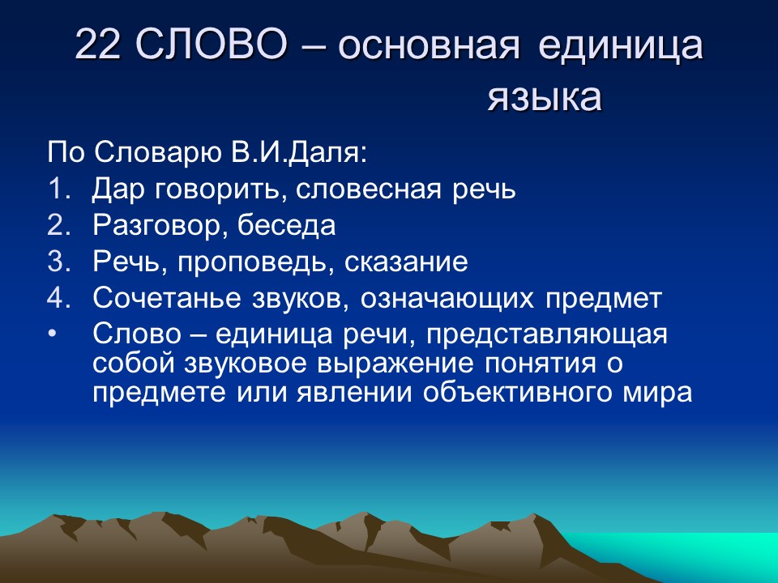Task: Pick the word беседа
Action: click(x=286, y=226)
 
